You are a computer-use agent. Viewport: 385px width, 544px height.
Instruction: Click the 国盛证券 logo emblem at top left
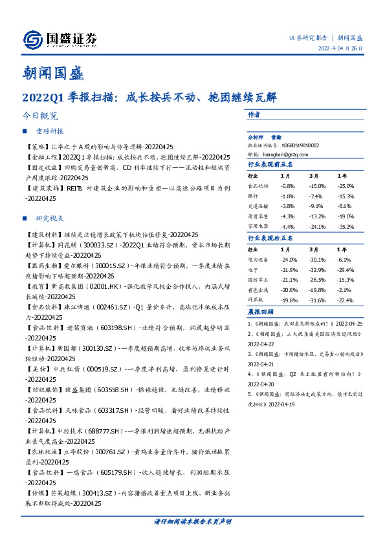pyautogui.click(x=33, y=41)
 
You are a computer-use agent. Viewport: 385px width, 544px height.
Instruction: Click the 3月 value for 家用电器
pyautogui.click(x=316, y=226)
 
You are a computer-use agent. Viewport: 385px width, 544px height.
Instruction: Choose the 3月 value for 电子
pyautogui.click(x=316, y=269)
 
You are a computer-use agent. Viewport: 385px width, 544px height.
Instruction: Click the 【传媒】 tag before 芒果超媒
pyautogui.click(x=34, y=493)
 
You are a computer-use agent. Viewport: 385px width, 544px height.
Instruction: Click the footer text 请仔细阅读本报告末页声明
pyautogui.click(x=192, y=521)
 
